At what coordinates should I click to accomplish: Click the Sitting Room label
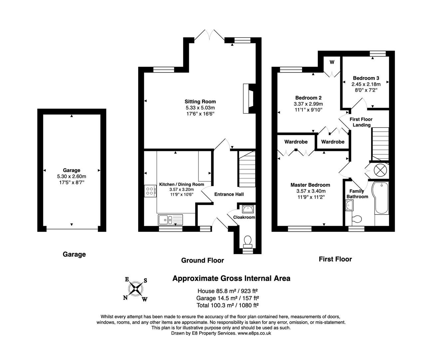click(200, 102)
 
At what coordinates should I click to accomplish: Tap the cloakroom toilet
click(247, 241)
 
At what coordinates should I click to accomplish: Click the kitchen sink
click(170, 219)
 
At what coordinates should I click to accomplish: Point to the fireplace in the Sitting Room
click(248, 98)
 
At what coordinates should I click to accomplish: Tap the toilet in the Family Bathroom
click(356, 219)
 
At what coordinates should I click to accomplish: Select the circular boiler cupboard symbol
click(379, 170)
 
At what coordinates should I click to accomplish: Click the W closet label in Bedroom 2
click(332, 62)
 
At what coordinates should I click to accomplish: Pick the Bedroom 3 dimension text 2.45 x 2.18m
click(366, 84)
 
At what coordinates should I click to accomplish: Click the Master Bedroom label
click(310, 185)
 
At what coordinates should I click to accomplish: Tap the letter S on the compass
click(145, 280)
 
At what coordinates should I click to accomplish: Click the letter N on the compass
click(126, 298)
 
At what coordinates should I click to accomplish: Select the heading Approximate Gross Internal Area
click(231, 278)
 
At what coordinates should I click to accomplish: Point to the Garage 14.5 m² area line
click(228, 298)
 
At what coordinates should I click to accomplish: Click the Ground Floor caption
click(203, 260)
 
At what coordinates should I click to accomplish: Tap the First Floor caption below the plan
click(335, 259)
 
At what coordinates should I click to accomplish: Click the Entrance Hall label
click(229, 194)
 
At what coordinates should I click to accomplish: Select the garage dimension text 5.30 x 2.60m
click(71, 176)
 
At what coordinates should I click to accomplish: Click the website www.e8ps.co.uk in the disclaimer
click(254, 333)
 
